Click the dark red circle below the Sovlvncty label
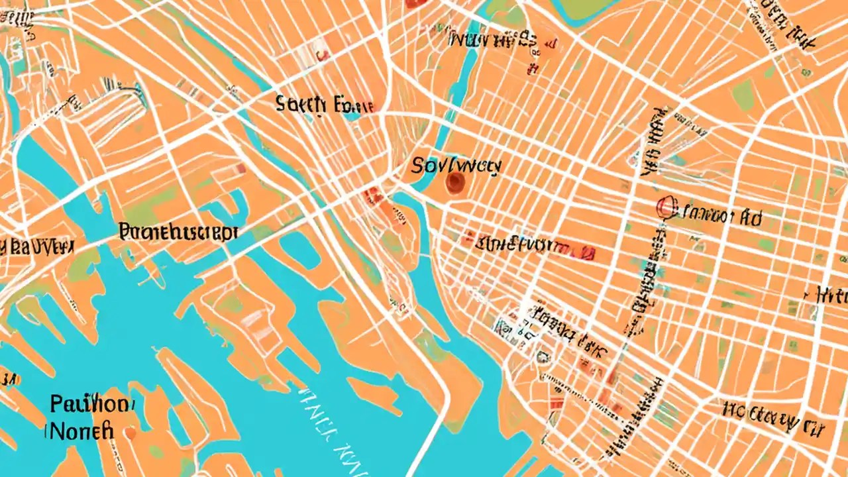pos(455,183)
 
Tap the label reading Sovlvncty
pos(456,166)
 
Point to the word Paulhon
pos(91,404)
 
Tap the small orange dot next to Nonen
pos(130,433)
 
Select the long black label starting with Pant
pos(177,232)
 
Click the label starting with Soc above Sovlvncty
pos(324,105)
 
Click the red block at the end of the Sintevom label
pos(586,252)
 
